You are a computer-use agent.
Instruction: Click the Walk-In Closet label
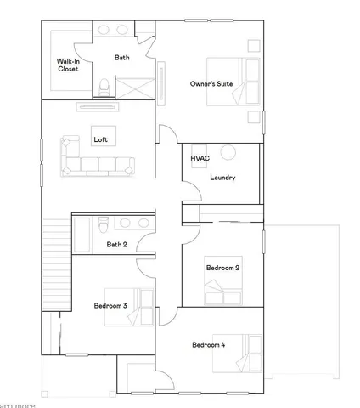click(x=68, y=65)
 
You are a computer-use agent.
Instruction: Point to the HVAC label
click(x=200, y=158)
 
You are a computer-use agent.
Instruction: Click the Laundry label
click(x=222, y=178)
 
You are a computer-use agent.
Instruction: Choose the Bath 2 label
click(x=116, y=245)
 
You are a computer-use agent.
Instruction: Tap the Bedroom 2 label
click(x=222, y=269)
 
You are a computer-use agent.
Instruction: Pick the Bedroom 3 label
click(x=110, y=305)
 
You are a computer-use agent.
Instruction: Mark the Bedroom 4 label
click(x=209, y=344)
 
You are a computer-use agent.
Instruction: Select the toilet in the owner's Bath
click(x=104, y=86)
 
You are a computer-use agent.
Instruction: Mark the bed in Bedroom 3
click(x=139, y=307)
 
